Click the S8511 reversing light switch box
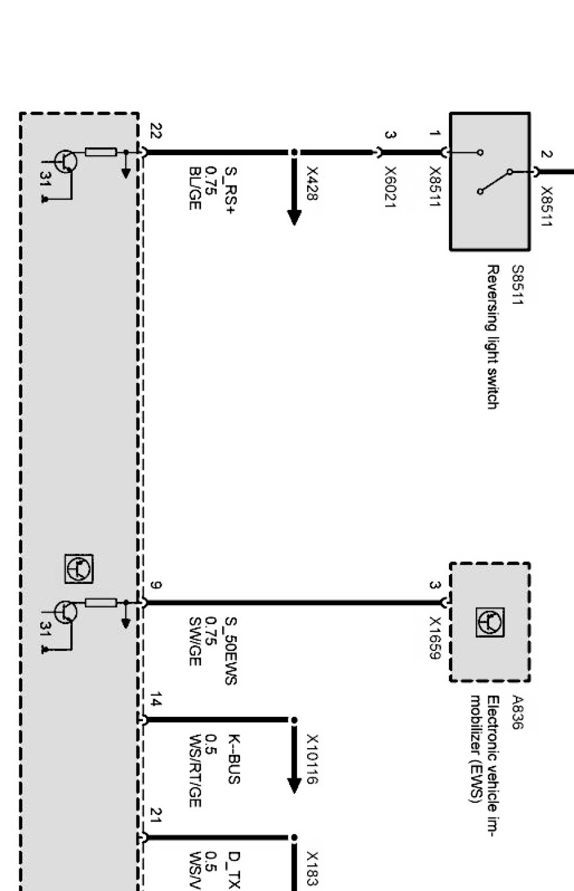coord(490,181)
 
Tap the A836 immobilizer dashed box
coord(490,622)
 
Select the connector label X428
coord(312,183)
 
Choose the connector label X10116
coord(312,758)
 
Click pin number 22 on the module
coord(155,132)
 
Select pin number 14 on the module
coord(155,704)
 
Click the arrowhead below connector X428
coord(294,217)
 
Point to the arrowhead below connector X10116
coord(294,784)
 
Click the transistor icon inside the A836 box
coord(490,622)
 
